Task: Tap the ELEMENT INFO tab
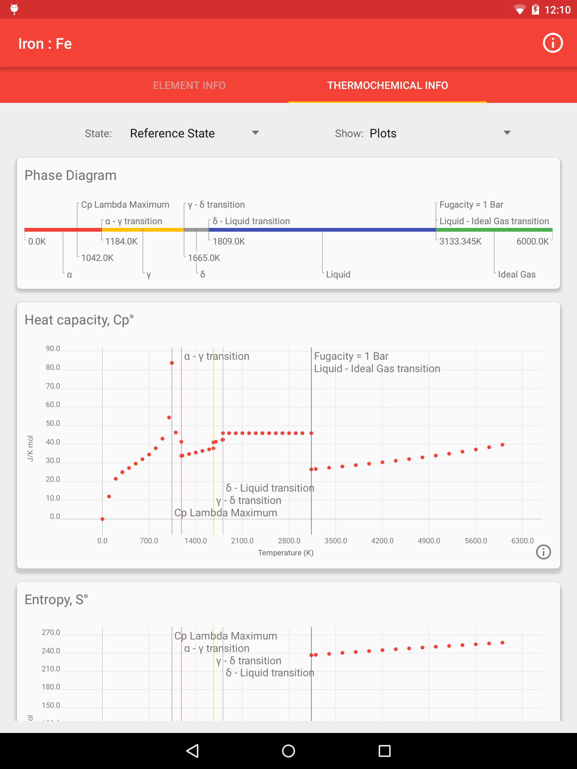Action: coord(189,86)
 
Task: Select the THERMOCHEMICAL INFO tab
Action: coord(387,86)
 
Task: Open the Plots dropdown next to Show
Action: coord(440,133)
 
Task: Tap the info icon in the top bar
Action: coord(552,43)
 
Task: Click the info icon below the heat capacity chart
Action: coord(543,552)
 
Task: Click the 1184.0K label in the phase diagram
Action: coord(121,241)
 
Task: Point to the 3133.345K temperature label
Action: coord(460,241)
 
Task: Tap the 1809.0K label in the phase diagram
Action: coord(228,241)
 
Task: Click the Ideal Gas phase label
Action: coord(517,274)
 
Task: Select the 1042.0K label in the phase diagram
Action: coord(97,258)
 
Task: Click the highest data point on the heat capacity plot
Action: coord(172,363)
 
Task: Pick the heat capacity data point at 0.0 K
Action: coord(102,519)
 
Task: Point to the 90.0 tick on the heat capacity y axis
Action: coord(53,349)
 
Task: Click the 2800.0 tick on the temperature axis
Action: coord(289,541)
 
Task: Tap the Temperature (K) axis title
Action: coord(285,553)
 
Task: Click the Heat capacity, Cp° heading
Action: coord(79,320)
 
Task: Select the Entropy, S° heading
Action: coord(56,600)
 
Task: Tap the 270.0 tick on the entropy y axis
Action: coord(51,633)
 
